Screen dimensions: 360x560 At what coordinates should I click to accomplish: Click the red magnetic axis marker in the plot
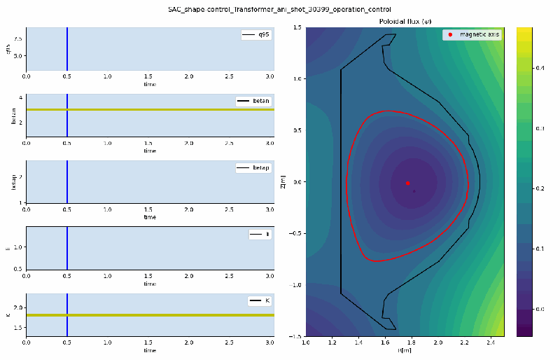pyautogui.click(x=407, y=183)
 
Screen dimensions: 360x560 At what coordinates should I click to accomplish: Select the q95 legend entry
pyautogui.click(x=255, y=34)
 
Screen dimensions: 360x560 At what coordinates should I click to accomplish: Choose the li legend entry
pyautogui.click(x=260, y=235)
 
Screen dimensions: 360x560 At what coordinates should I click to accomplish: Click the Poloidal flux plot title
pyautogui.click(x=404, y=22)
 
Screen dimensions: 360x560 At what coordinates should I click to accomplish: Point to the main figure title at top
pyautogui.click(x=280, y=9)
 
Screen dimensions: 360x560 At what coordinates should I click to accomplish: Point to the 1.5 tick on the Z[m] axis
pyautogui.click(x=297, y=28)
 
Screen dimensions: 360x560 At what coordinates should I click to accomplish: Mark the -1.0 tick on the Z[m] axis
pyautogui.click(x=295, y=285)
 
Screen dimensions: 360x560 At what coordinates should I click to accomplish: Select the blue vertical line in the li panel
pyautogui.click(x=67, y=247)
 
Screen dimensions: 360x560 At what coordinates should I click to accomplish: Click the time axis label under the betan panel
pyautogui.click(x=150, y=151)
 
